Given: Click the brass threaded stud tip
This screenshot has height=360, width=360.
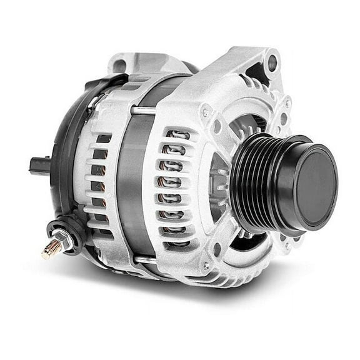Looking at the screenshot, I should click(48, 252).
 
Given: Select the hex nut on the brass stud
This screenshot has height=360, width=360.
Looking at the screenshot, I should click(62, 240).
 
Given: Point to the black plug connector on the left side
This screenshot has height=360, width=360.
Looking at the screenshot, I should click(39, 165).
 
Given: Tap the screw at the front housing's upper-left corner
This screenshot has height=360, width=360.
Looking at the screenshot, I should click(205, 112).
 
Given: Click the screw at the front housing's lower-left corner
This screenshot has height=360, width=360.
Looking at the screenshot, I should click(206, 266).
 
